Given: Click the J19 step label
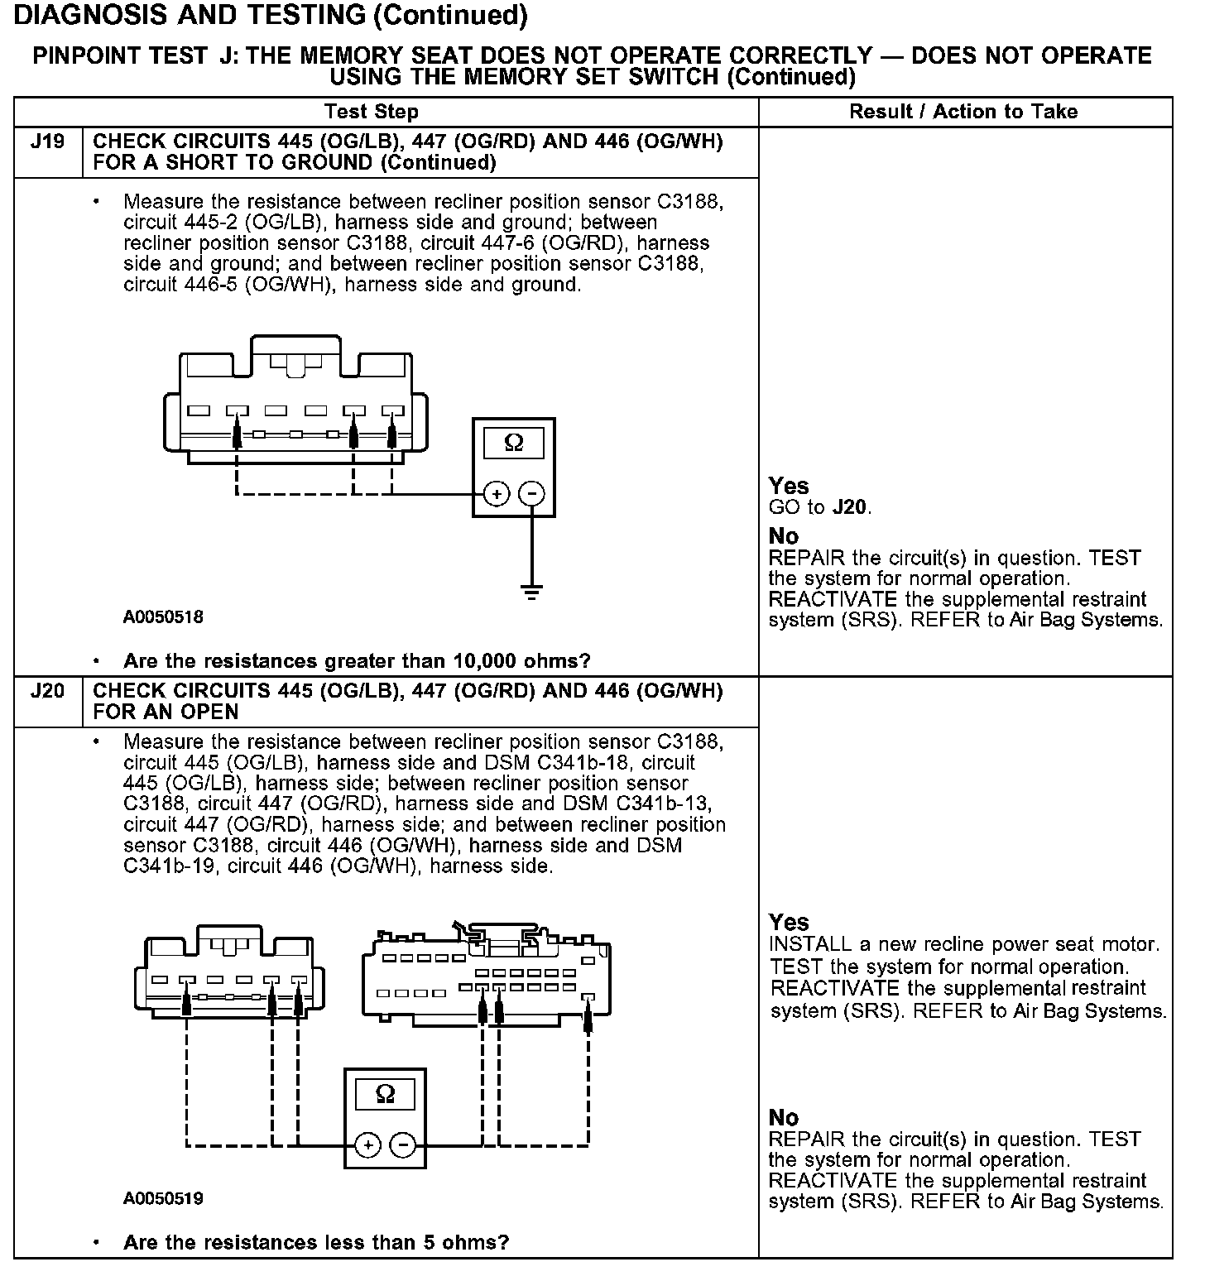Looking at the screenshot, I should (47, 142).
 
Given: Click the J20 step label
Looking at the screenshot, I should (47, 690).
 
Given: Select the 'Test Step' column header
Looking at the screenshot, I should (372, 112).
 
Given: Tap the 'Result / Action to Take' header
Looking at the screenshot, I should (963, 112).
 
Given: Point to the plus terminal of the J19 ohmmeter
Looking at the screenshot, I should (497, 494).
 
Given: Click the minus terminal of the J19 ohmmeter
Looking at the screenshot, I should (531, 494).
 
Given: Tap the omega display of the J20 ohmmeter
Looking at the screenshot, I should (385, 1094).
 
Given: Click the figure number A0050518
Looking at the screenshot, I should (163, 617).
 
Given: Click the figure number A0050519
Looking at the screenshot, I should (163, 1198).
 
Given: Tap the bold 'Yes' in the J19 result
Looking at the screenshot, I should (789, 486).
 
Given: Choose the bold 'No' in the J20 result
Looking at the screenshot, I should (784, 1117).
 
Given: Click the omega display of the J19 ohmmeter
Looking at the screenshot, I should (514, 443).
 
